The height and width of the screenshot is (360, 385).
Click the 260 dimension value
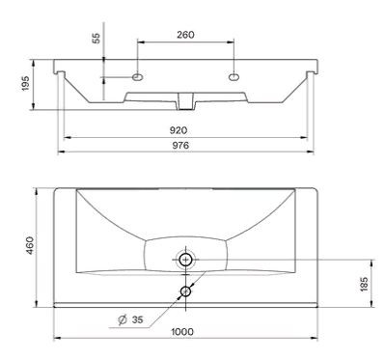point(185,35)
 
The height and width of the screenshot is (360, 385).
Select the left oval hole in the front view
point(138,76)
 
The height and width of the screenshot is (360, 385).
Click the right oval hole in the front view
point(234,76)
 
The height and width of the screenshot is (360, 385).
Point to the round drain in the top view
point(186,259)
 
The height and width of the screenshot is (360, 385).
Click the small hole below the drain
point(186,291)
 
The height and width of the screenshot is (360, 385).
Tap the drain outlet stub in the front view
point(186,98)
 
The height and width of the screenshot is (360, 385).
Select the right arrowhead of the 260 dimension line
point(232,42)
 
